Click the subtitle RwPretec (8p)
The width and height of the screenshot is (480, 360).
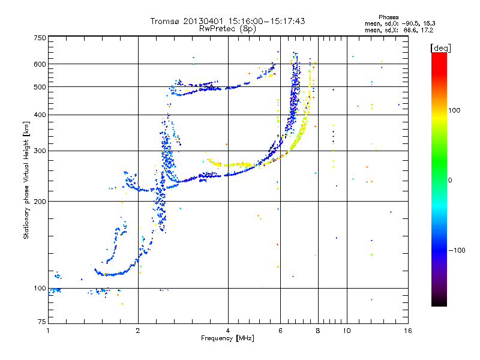pos(227,29)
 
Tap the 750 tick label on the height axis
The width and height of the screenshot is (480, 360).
pos(40,38)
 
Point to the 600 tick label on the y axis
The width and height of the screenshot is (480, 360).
pos(40,64)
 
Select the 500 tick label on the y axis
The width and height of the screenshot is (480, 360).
pos(40,87)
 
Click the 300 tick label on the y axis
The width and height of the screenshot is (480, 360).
pos(40,151)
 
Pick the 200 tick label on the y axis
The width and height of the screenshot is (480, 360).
pos(40,202)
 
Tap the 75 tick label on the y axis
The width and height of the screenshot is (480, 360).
pos(42,322)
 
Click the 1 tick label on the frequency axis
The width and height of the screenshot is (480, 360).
pos(48,331)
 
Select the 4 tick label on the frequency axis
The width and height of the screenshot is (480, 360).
pos(228,331)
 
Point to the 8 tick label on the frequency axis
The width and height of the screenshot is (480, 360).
pos(318,331)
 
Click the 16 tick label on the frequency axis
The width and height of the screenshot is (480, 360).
pos(408,331)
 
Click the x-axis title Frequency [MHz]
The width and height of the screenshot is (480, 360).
pos(227,338)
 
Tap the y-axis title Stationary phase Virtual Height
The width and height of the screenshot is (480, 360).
pos(26,180)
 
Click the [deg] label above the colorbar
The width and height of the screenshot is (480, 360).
pos(440,48)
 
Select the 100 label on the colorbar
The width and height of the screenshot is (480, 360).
pos(454,110)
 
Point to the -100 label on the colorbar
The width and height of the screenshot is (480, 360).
pos(457,250)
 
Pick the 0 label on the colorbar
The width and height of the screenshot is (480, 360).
pos(450,181)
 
